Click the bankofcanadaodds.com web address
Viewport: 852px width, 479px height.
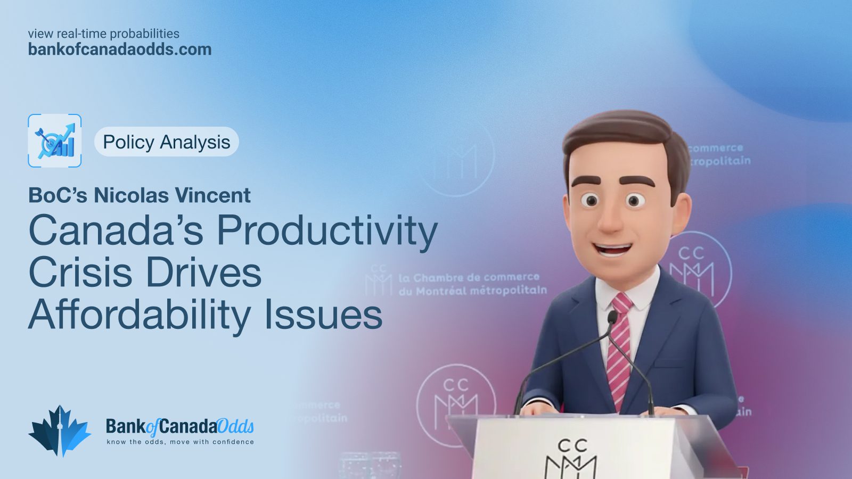coord(120,49)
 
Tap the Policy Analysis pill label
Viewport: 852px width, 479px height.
coord(166,142)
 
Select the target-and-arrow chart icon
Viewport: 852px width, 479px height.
coord(55,141)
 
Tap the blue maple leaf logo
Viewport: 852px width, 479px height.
coord(59,431)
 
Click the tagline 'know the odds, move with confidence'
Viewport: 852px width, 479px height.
coord(180,442)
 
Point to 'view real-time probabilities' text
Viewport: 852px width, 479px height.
coord(103,34)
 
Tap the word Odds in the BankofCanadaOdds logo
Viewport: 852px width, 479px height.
coord(235,426)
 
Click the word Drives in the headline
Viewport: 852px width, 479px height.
coord(204,272)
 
